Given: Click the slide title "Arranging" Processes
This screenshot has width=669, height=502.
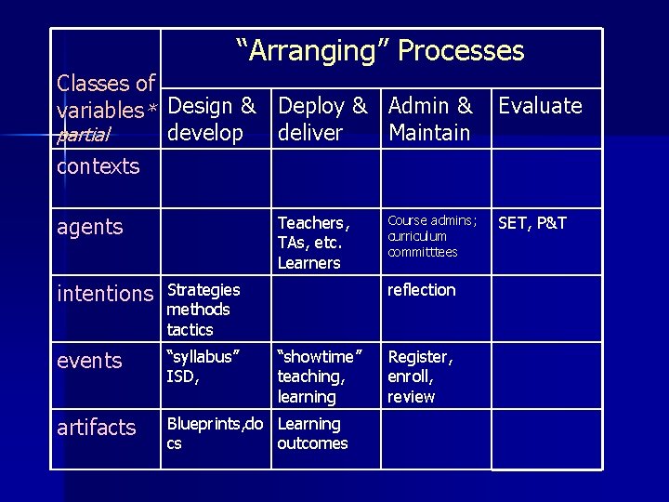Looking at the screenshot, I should pyautogui.click(x=380, y=51).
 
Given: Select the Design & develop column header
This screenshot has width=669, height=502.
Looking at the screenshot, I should pyautogui.click(x=213, y=119).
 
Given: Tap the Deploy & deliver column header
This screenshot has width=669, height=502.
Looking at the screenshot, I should pyautogui.click(x=322, y=119).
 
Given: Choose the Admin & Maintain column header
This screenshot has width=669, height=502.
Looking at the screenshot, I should pyautogui.click(x=430, y=119).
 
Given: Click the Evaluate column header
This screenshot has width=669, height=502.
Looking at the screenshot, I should pyautogui.click(x=540, y=106).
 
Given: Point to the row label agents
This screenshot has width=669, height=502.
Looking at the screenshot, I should pyautogui.click(x=89, y=227).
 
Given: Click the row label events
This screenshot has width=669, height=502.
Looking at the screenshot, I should pyautogui.click(x=89, y=361).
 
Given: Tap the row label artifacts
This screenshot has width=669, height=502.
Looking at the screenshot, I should pyautogui.click(x=97, y=428).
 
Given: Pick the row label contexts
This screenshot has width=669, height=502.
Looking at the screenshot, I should pyautogui.click(x=98, y=167).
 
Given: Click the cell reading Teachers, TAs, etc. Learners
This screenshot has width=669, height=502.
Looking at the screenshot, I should pyautogui.click(x=313, y=243).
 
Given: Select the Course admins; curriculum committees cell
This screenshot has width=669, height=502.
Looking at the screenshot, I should pyautogui.click(x=432, y=236).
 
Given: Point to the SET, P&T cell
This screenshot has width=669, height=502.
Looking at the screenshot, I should pyautogui.click(x=532, y=223).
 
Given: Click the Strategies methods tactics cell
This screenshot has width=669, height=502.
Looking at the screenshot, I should pyautogui.click(x=203, y=310).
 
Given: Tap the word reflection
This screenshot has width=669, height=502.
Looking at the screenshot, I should pyautogui.click(x=421, y=290).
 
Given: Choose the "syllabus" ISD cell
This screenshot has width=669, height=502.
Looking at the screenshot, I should pyautogui.click(x=203, y=366).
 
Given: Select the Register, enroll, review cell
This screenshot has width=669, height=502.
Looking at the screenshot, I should pyautogui.click(x=420, y=376).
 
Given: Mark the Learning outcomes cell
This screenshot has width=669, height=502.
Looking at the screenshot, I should pyautogui.click(x=312, y=433).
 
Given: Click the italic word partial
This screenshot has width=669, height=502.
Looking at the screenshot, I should pyautogui.click(x=84, y=137).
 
